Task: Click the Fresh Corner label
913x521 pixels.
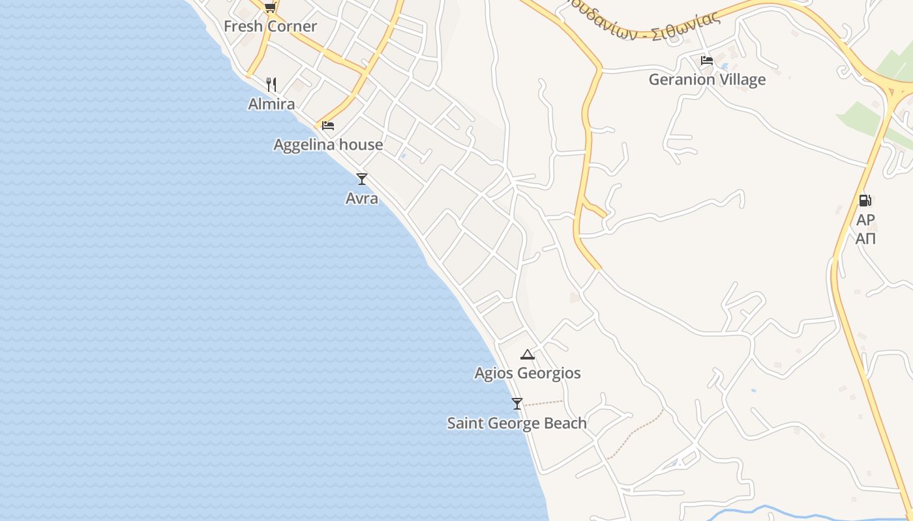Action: pos(270,27)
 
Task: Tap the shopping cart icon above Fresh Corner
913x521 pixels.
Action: pos(270,7)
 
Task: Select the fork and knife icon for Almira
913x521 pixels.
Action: pos(271,85)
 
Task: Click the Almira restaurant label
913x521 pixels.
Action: pos(271,104)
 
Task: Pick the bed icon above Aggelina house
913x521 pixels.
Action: pos(328,125)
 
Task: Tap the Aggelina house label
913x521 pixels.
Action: pos(328,145)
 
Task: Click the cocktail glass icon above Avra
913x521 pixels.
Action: pos(362,179)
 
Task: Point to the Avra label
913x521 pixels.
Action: pos(362,199)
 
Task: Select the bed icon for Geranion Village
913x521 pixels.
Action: pos(707,61)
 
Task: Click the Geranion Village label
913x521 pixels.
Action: pos(707,80)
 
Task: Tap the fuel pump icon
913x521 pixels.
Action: pos(865,201)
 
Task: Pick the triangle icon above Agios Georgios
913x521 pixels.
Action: pos(528,354)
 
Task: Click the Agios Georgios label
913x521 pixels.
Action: pos(528,374)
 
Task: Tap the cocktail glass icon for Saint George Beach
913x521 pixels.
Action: pos(517,404)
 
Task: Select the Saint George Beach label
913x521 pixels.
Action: pos(516,423)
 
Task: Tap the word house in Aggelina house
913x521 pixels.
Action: pos(362,145)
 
